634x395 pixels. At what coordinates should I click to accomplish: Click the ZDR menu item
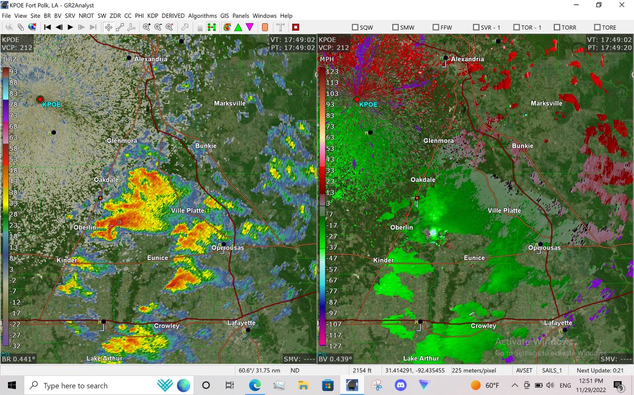click(x=115, y=16)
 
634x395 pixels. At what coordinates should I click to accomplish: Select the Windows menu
click(x=264, y=16)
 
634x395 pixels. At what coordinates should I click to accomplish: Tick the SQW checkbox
click(x=355, y=27)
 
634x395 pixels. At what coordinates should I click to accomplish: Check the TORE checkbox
click(x=597, y=27)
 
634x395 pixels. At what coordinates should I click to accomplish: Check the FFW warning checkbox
click(x=436, y=27)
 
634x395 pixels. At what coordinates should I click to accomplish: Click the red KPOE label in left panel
click(x=52, y=104)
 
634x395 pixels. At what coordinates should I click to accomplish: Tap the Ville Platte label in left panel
click(x=187, y=211)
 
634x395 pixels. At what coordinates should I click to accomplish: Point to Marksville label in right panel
click(x=546, y=103)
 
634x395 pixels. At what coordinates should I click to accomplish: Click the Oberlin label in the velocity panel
click(x=401, y=227)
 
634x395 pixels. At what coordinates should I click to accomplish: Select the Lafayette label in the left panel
click(x=241, y=323)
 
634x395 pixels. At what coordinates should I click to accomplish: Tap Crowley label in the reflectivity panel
click(x=166, y=326)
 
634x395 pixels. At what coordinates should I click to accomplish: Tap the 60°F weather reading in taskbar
click(x=492, y=386)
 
